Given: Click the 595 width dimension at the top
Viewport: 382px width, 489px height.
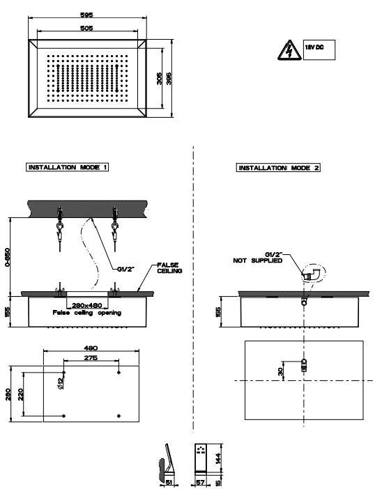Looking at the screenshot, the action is pyautogui.click(x=86, y=15).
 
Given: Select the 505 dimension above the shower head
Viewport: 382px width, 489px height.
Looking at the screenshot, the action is pyautogui.click(x=86, y=28).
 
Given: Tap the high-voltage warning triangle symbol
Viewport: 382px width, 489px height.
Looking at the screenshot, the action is pyautogui.click(x=289, y=50).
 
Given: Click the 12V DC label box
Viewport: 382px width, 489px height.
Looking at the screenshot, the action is pyautogui.click(x=319, y=49).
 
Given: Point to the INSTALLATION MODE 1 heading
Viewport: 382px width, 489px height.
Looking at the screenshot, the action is pyautogui.click(x=68, y=167).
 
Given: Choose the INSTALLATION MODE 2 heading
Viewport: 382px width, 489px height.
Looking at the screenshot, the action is pyautogui.click(x=278, y=168).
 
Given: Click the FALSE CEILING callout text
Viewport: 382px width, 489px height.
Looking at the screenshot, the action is pyautogui.click(x=169, y=268).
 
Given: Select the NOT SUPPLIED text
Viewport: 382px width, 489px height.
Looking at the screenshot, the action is pyautogui.click(x=258, y=261).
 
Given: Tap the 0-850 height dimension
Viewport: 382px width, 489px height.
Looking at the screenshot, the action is pyautogui.click(x=8, y=257).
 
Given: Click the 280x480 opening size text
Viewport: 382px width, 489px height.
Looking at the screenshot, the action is pyautogui.click(x=87, y=306).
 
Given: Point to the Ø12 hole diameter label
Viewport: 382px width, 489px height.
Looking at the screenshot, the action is pyautogui.click(x=61, y=383).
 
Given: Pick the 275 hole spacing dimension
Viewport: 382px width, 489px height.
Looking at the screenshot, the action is pyautogui.click(x=91, y=358).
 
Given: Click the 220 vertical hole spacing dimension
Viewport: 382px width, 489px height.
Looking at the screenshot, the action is pyautogui.click(x=21, y=395).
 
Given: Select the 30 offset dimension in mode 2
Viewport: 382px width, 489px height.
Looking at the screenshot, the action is pyautogui.click(x=280, y=371).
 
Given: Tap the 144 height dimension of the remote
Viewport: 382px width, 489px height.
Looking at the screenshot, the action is pyautogui.click(x=218, y=458).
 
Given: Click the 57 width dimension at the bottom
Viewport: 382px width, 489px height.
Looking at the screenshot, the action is pyautogui.click(x=200, y=483).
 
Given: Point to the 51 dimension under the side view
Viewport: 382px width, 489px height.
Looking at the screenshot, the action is pyautogui.click(x=169, y=483).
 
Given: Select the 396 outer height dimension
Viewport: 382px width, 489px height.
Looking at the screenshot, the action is pyautogui.click(x=169, y=79).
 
